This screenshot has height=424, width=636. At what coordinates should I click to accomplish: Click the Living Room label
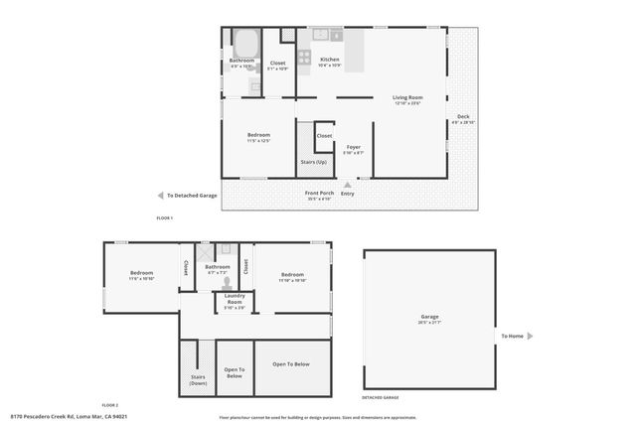pyautogui.click(x=407, y=99)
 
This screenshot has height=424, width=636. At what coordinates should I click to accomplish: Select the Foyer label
pyautogui.click(x=354, y=150)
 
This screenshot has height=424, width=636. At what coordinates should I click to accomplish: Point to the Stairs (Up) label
pyautogui.click(x=313, y=161)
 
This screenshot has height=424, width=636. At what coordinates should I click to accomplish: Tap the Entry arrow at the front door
pyautogui.click(x=347, y=184)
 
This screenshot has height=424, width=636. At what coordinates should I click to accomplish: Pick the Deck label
pyautogui.click(x=463, y=118)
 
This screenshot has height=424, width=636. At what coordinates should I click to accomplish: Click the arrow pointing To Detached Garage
pyautogui.click(x=160, y=196)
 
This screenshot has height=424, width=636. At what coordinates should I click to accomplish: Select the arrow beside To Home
pyautogui.click(x=531, y=336)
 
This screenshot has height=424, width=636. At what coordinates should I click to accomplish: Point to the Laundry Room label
pyautogui.click(x=235, y=299)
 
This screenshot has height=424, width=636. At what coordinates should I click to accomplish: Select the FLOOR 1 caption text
pyautogui.click(x=165, y=217)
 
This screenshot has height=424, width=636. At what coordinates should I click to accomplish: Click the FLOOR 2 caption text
pyautogui.click(x=109, y=405)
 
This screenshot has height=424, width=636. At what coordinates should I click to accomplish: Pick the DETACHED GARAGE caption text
pyautogui.click(x=380, y=397)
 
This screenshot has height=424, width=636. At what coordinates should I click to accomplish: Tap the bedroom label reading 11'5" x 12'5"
pyautogui.click(x=258, y=137)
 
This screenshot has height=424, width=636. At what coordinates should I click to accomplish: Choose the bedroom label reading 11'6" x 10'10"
pyautogui.click(x=141, y=275)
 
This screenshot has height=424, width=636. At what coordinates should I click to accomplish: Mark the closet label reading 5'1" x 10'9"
pyautogui.click(x=277, y=67)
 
